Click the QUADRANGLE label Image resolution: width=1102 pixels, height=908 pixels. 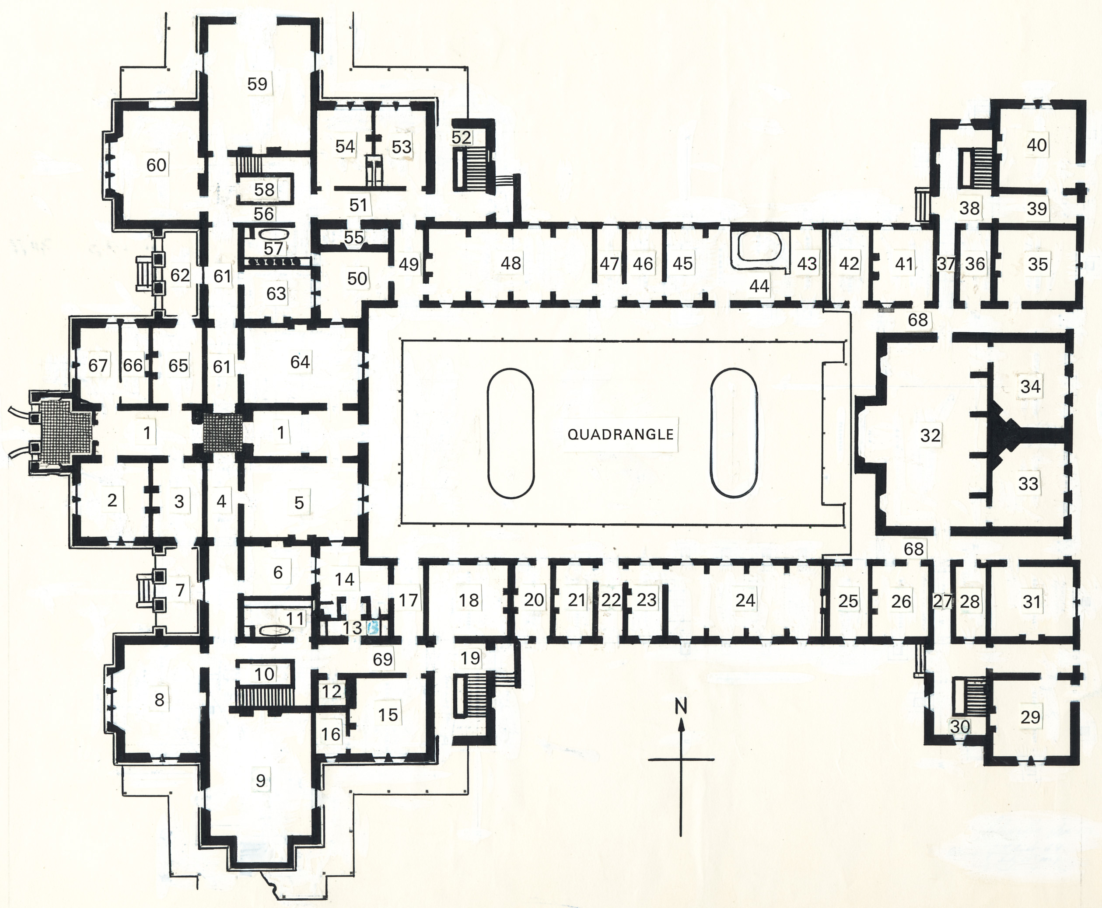[621, 434]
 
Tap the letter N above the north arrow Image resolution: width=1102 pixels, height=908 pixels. [681, 706]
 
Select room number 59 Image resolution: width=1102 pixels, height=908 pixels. [257, 83]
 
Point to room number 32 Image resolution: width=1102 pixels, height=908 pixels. [930, 435]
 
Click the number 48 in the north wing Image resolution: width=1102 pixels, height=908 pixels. [511, 263]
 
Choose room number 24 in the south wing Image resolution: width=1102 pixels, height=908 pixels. [745, 600]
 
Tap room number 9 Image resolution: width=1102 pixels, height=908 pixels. [261, 780]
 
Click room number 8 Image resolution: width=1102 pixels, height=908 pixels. [159, 699]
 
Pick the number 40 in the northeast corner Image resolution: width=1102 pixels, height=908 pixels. [1036, 144]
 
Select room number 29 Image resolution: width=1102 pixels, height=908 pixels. [1030, 717]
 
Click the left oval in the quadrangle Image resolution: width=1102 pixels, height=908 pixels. [511, 434]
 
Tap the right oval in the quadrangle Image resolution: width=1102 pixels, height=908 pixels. [734, 432]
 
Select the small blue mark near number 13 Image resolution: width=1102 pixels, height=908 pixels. [373, 628]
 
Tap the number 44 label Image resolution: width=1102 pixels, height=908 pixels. [759, 285]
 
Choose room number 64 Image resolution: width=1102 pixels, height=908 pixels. [300, 362]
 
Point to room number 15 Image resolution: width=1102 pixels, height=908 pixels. [388, 714]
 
